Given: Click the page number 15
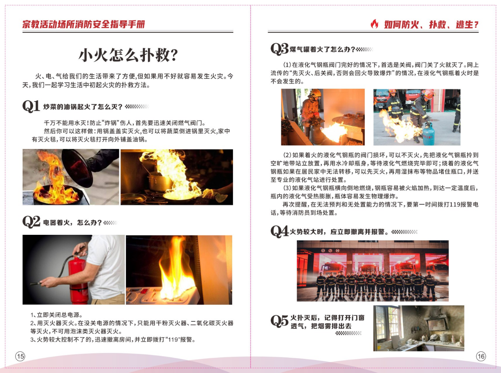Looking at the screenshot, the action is [x=20, y=356].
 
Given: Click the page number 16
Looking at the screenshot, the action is [x=481, y=356].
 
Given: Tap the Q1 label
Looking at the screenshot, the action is [x=31, y=106].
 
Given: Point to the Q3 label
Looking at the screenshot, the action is [x=279, y=49].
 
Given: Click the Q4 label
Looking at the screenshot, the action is [x=279, y=232].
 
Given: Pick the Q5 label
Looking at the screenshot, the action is [x=279, y=321].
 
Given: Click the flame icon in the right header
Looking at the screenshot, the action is [x=374, y=24].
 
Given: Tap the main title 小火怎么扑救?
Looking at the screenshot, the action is [x=128, y=55].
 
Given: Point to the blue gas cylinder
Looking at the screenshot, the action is [x=428, y=134].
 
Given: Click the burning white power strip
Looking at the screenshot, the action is [x=163, y=295].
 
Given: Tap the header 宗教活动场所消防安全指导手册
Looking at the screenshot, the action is [x=84, y=24].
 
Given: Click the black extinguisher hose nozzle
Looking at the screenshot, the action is [x=36, y=283].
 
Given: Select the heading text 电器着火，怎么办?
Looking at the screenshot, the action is [x=72, y=223].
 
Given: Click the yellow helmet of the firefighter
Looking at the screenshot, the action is [x=315, y=93].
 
